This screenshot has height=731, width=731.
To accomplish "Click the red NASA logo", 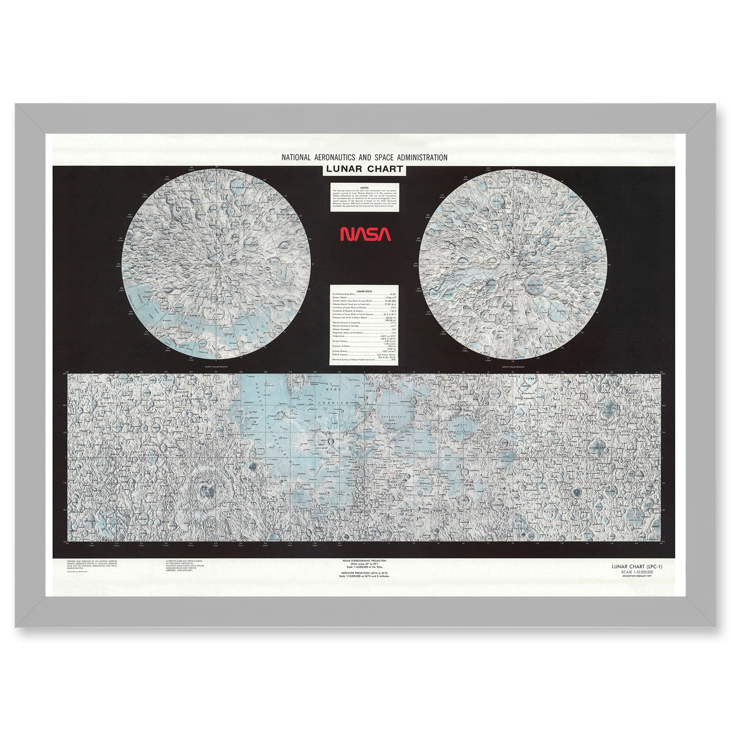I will (x=365, y=234).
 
